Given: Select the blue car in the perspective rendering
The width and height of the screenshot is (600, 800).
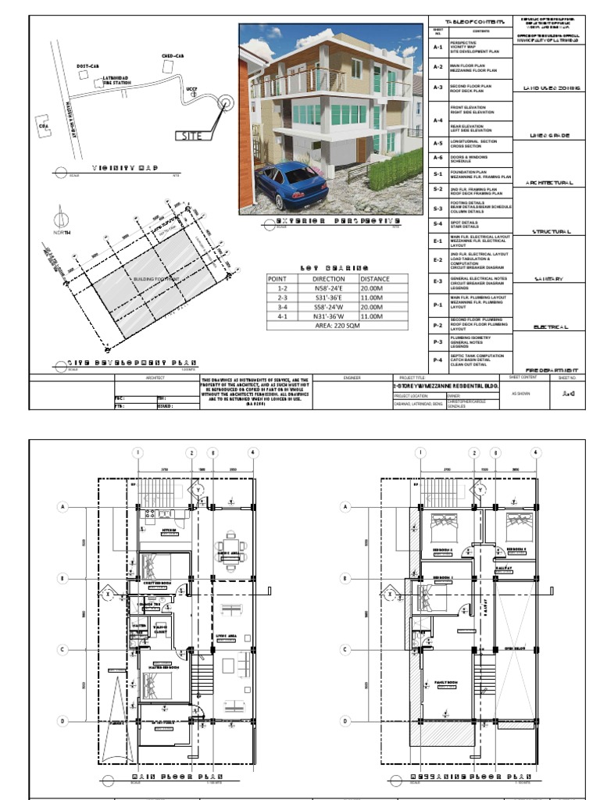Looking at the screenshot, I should (x=289, y=184).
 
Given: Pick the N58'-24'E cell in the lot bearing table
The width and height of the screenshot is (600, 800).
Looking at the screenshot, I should (x=327, y=287).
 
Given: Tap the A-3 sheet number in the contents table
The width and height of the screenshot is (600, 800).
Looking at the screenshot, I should (x=438, y=88).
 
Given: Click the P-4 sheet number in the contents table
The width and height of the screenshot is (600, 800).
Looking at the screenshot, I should (x=438, y=360).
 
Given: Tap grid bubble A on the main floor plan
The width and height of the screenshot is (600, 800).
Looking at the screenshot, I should (x=62, y=506).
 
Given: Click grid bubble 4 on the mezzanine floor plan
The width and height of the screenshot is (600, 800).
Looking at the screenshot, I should (x=535, y=452).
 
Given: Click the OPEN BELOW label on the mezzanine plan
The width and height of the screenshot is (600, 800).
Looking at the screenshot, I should (x=513, y=648).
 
